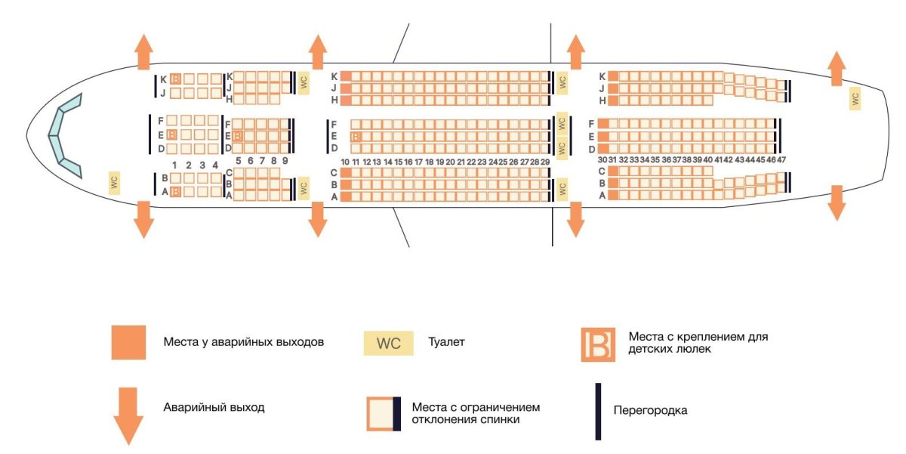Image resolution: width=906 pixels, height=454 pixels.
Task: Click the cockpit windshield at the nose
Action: coord(65,136)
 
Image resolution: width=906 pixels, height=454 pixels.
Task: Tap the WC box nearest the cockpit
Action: coord(114,182)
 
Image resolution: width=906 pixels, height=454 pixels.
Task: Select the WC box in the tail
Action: coord(855,98)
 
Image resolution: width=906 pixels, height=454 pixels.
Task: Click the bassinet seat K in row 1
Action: coord(175,79)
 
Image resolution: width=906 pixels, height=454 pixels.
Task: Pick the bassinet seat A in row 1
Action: coord(175,192)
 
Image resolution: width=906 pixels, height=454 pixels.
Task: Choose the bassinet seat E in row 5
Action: coord(237,136)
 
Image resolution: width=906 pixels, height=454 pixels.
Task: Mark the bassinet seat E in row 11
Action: coord(356,137)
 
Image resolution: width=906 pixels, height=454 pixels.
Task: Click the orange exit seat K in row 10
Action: coord(345,76)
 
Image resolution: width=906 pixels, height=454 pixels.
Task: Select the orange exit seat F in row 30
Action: coord(602,124)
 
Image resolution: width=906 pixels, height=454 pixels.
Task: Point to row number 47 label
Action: coord(781,160)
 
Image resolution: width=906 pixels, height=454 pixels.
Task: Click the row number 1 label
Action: coord(174,165)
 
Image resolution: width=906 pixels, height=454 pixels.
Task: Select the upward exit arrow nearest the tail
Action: coord(837,69)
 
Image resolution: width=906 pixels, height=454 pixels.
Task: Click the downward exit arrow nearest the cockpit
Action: coord(143,219)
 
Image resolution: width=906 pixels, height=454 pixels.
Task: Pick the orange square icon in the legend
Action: coord(129,342)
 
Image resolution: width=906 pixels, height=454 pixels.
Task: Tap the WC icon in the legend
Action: coord(388,343)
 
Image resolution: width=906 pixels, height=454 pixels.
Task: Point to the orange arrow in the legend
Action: coord(129,415)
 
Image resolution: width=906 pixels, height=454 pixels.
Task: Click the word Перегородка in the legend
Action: coord(650,411)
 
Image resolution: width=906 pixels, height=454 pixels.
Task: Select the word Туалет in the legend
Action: coord(446,342)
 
